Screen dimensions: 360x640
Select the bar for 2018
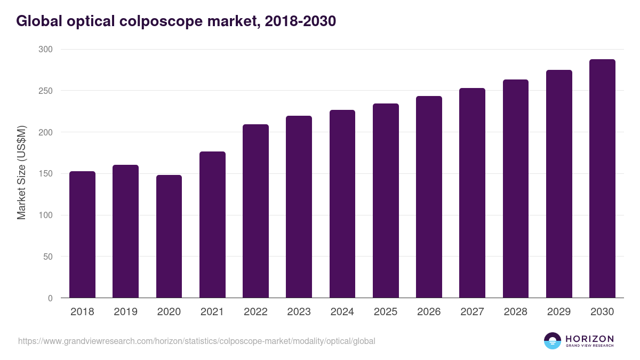click(x=82, y=235)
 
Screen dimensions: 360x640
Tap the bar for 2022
click(x=255, y=211)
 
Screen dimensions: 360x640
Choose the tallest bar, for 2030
click(x=602, y=179)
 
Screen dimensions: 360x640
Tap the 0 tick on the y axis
click(x=50, y=298)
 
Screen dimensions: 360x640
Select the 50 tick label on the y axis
click(x=47, y=257)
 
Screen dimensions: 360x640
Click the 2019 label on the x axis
click(x=125, y=312)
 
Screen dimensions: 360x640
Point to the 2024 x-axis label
click(x=342, y=312)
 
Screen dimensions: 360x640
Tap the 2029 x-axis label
click(x=559, y=312)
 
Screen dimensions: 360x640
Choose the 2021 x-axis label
click(x=212, y=312)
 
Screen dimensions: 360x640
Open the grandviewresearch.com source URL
click(x=196, y=341)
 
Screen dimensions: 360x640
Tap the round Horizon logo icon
click(x=552, y=341)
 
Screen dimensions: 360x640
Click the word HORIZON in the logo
click(x=589, y=339)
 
